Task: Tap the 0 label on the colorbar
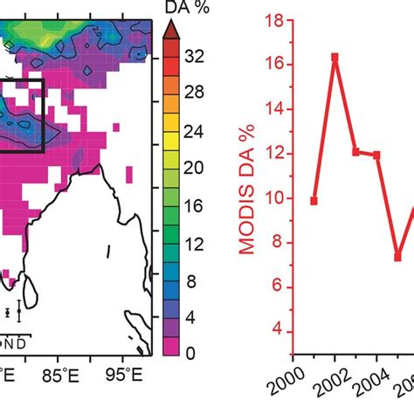tap(189, 353)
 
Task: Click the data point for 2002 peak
tap(335, 58)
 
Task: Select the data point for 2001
tap(314, 201)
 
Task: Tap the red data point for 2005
tap(397, 257)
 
